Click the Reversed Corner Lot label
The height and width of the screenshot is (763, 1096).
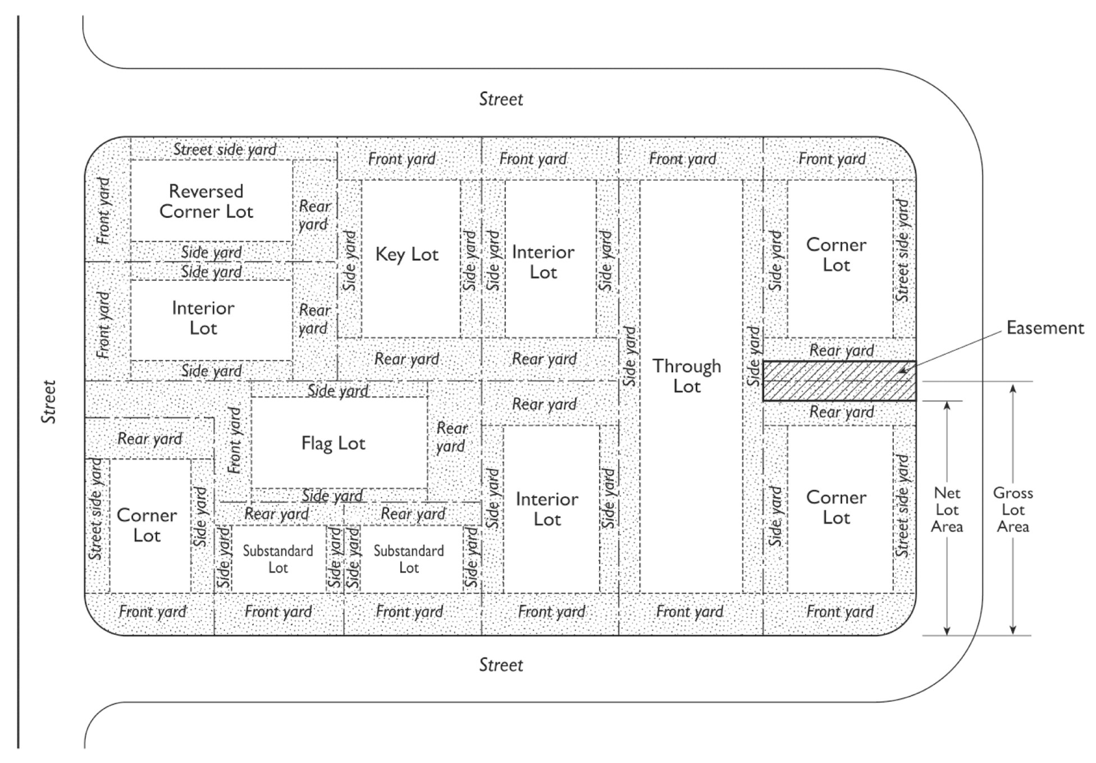pyautogui.click(x=206, y=201)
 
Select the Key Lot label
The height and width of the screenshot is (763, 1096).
pyautogui.click(x=407, y=255)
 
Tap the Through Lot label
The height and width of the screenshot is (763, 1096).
pyautogui.click(x=687, y=376)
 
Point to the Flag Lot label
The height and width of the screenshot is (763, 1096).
pyautogui.click(x=333, y=443)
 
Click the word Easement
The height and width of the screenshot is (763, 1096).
pyautogui.click(x=1044, y=328)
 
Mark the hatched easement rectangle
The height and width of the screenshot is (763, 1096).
pyautogui.click(x=839, y=381)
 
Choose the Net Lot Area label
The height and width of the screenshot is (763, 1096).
pyautogui.click(x=947, y=510)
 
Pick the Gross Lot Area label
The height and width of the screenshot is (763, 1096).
pyautogui.click(x=1013, y=510)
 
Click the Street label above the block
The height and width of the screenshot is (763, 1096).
pyautogui.click(x=501, y=99)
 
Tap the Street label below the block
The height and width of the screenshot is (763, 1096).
pyautogui.click(x=501, y=665)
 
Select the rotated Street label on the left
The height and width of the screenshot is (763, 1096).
pyautogui.click(x=49, y=402)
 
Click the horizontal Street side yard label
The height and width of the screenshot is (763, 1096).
pyautogui.click(x=225, y=149)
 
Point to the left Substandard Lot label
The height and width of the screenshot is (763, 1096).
pyautogui.click(x=278, y=559)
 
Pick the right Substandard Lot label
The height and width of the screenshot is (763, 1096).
pyautogui.click(x=409, y=559)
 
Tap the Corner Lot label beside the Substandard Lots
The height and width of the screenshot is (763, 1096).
pyautogui.click(x=147, y=525)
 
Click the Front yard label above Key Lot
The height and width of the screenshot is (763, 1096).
pyautogui.click(x=401, y=159)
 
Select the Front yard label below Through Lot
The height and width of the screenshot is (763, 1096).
pyautogui.click(x=689, y=611)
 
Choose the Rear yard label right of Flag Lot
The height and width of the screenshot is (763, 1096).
pyautogui.click(x=451, y=437)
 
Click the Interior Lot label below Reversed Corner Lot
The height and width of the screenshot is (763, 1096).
pyautogui.click(x=203, y=318)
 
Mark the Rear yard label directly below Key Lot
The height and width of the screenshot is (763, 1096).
pyautogui.click(x=407, y=359)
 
